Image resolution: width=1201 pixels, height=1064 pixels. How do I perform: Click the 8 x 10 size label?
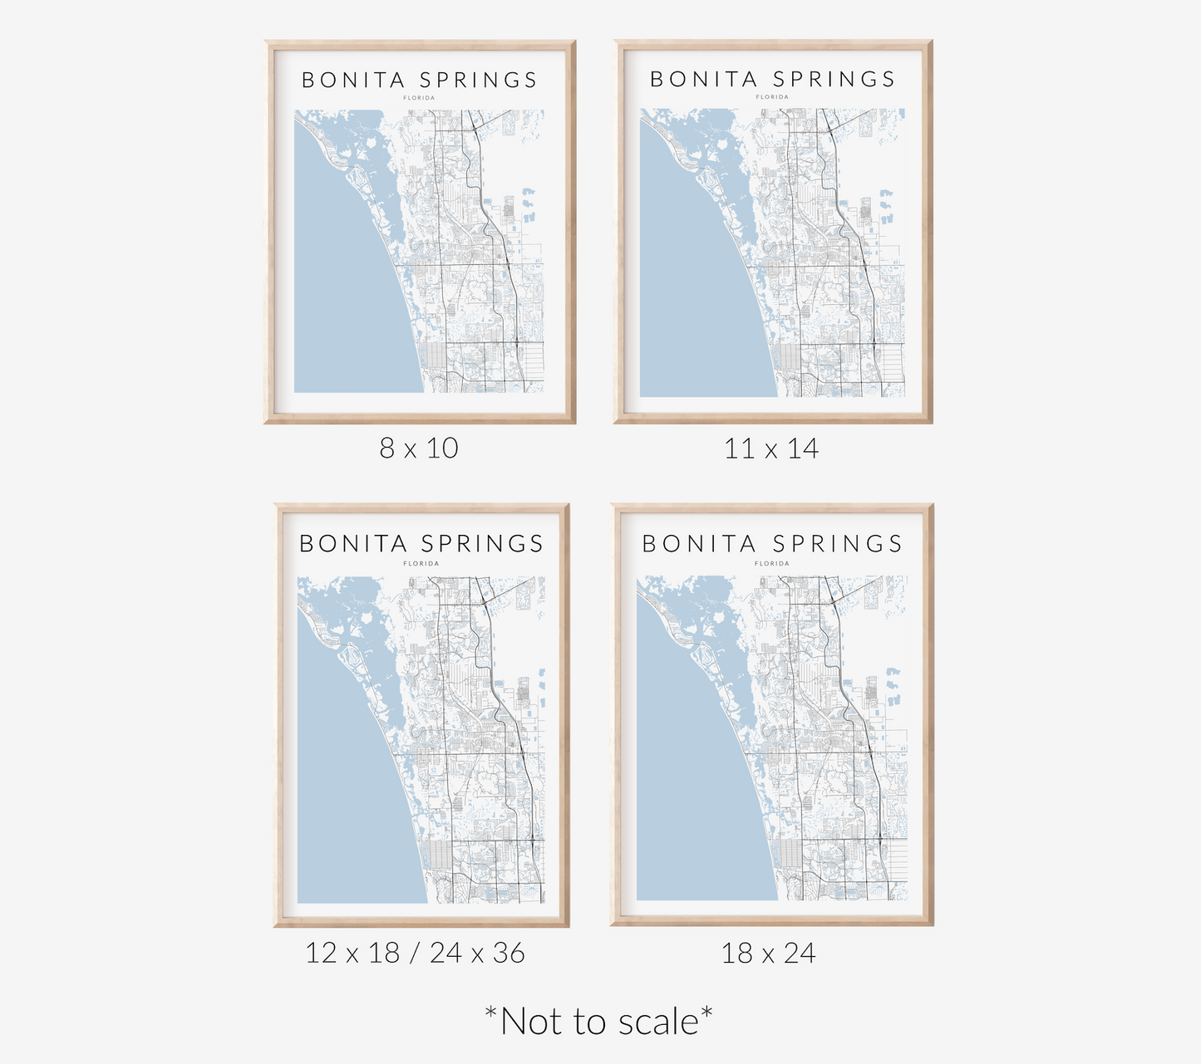click(419, 449)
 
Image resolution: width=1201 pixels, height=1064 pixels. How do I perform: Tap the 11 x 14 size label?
click(771, 449)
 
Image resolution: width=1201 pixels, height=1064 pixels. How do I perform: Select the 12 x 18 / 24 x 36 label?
click(415, 953)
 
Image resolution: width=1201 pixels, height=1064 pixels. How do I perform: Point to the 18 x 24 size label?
click(769, 954)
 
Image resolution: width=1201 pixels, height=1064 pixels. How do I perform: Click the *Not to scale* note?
click(598, 1022)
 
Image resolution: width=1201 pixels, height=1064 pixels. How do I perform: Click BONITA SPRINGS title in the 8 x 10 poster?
click(420, 81)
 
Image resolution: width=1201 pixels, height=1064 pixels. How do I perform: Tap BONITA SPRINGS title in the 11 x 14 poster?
click(772, 80)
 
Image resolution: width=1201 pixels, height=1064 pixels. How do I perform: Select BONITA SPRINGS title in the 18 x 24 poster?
click(772, 544)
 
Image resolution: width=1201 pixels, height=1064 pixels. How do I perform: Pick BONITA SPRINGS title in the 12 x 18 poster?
click(421, 544)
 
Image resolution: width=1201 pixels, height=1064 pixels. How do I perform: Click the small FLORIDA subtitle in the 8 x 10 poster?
click(420, 98)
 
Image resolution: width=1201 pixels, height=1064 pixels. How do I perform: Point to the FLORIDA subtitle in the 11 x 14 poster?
click(772, 97)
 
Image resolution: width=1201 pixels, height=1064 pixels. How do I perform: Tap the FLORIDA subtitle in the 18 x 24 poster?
click(772, 563)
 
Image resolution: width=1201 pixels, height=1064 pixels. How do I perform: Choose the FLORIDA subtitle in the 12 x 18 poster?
click(421, 563)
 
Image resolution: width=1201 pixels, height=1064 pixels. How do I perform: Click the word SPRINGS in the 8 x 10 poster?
click(479, 81)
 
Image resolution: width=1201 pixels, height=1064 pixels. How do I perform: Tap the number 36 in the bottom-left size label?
click(509, 953)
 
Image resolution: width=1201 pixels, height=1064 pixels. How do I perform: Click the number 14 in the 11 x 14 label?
click(803, 449)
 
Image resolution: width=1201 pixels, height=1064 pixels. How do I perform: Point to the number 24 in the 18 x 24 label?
click(800, 954)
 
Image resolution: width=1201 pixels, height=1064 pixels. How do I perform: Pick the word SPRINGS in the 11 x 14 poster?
click(834, 80)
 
